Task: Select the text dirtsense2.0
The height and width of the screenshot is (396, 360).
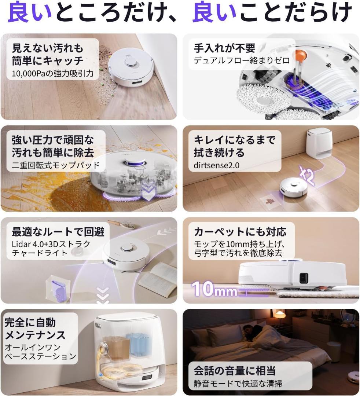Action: (x=216, y=165)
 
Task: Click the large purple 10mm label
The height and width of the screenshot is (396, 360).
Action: (x=214, y=289)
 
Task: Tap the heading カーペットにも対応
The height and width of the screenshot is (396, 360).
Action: (x=240, y=232)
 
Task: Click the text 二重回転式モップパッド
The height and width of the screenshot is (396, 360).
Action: (x=56, y=165)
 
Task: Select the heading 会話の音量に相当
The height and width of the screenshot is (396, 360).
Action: (x=235, y=370)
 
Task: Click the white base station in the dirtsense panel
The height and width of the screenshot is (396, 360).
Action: (x=319, y=143)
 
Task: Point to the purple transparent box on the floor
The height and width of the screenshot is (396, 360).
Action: (x=57, y=289)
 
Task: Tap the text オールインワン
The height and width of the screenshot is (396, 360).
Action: (x=32, y=347)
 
